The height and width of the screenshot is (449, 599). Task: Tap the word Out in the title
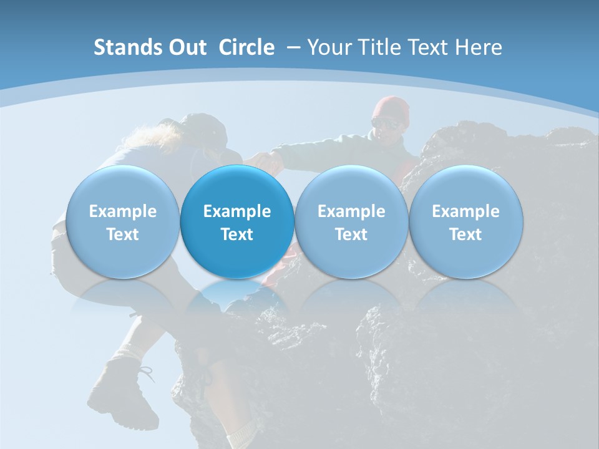(185, 47)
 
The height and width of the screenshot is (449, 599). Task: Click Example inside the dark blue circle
(237, 212)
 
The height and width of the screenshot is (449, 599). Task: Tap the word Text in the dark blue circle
(237, 234)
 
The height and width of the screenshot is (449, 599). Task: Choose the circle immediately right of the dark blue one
(351, 222)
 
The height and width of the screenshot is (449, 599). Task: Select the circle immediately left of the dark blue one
(122, 222)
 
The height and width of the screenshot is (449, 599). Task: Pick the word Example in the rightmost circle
(465, 212)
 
